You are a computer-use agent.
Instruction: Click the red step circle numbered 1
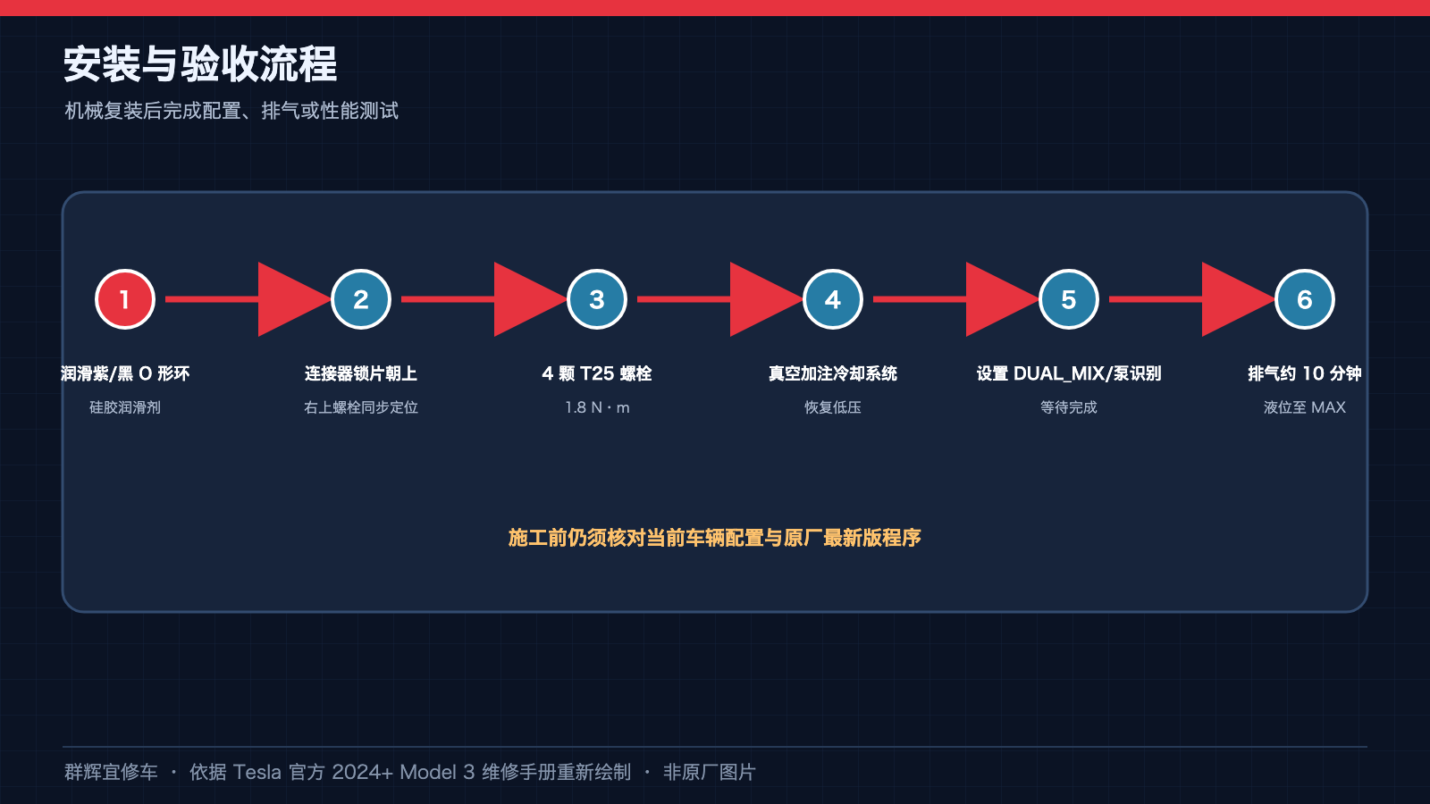coord(125,299)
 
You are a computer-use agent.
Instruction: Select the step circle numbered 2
coord(361,299)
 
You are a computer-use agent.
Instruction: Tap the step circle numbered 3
coord(597,299)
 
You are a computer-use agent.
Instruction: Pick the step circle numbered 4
coord(832,299)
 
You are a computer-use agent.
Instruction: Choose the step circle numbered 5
coord(1069,299)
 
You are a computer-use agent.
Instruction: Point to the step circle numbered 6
coord(1304,299)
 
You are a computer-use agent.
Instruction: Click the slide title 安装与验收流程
coord(200,63)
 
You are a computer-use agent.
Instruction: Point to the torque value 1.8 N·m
coord(597,407)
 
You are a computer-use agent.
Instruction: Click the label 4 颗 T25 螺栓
coord(597,373)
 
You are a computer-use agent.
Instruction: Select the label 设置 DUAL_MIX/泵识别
coord(1069,373)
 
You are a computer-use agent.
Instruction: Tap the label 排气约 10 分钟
coord(1304,373)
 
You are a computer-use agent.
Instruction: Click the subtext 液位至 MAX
coord(1304,407)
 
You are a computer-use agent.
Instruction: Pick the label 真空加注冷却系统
coord(832,373)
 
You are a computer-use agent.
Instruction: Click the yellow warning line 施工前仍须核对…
coord(715,538)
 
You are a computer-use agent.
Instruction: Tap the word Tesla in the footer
coord(257,772)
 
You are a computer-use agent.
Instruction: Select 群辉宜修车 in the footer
coord(111,772)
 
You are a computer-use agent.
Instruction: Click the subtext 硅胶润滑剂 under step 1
coord(125,407)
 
